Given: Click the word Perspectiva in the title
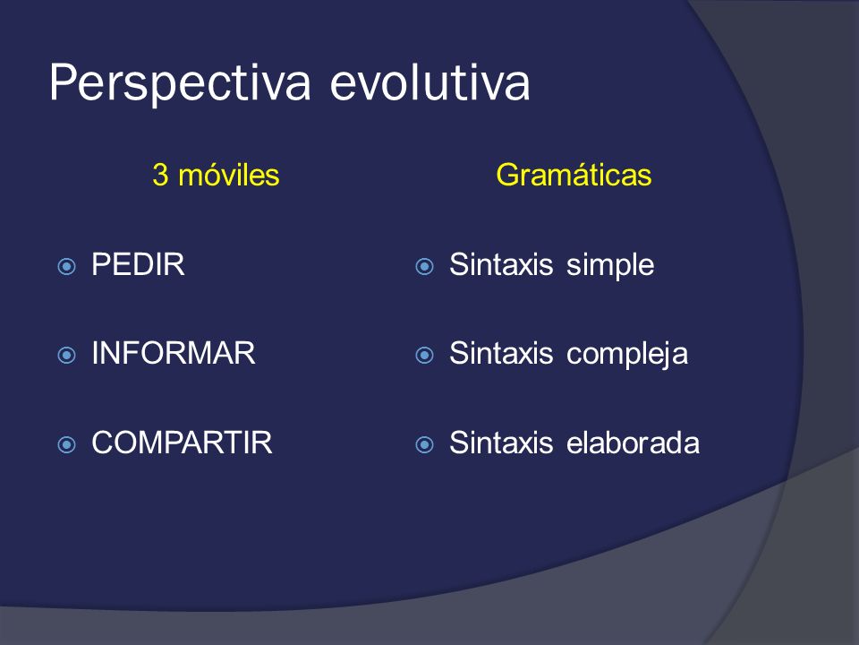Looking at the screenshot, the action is pyautogui.click(x=180, y=83).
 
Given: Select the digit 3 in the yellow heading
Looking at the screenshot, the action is pyautogui.click(x=160, y=175).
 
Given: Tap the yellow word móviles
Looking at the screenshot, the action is pyautogui.click(x=229, y=175).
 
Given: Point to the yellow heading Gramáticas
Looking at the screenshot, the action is pyautogui.click(x=574, y=175).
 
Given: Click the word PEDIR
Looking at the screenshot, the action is pyautogui.click(x=138, y=264).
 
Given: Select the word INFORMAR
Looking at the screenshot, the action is pyautogui.click(x=173, y=353).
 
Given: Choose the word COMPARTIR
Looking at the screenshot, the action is pyautogui.click(x=182, y=443).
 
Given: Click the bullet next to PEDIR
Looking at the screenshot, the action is pyautogui.click(x=67, y=267).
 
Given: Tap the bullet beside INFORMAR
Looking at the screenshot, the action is pyautogui.click(x=67, y=356).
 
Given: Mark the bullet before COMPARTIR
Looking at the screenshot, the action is pyautogui.click(x=67, y=444).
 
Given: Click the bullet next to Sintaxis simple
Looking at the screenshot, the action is pyautogui.click(x=424, y=267).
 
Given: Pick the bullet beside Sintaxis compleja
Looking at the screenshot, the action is pyautogui.click(x=424, y=356).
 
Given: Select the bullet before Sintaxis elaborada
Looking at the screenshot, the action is pyautogui.click(x=424, y=444).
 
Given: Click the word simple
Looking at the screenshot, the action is pyautogui.click(x=610, y=266).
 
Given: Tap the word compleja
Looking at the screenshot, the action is pyautogui.click(x=627, y=355).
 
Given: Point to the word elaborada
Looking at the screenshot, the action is pyautogui.click(x=633, y=443).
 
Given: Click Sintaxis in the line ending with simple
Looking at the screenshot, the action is pyautogui.click(x=501, y=264).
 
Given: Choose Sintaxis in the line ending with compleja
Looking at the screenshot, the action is pyautogui.click(x=501, y=353).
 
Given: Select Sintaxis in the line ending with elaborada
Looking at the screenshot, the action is pyautogui.click(x=501, y=443).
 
